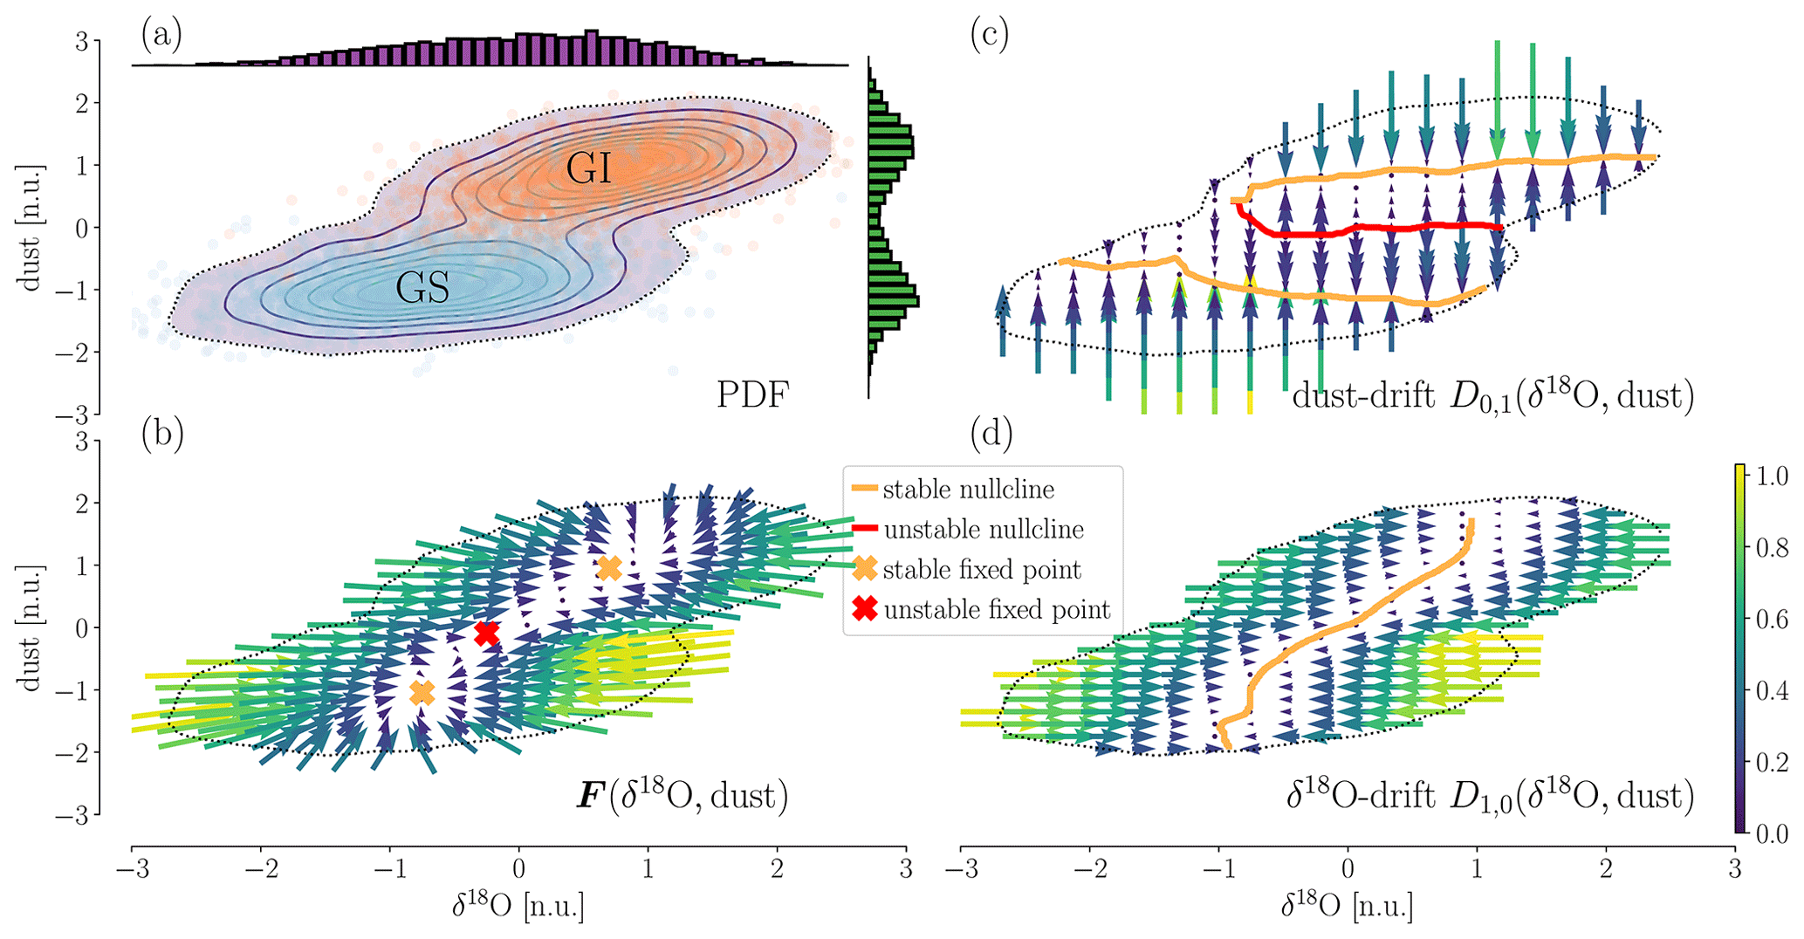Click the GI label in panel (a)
[x=588, y=168]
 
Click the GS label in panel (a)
[x=422, y=287]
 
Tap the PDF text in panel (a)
[x=752, y=395]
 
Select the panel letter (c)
[x=989, y=35]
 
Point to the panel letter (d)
[x=991, y=435]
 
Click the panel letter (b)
[x=161, y=435]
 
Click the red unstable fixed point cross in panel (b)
[x=486, y=634]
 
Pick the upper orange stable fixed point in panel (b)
[x=609, y=568]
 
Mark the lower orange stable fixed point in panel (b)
[x=422, y=693]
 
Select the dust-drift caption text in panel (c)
[x=1492, y=396]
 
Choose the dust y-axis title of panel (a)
[x=31, y=227]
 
